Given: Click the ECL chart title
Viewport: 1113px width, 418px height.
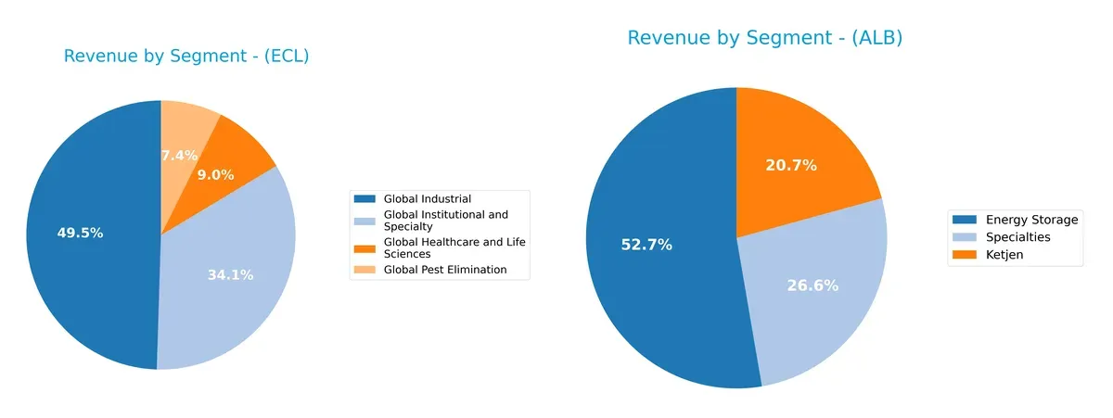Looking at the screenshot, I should (186, 57).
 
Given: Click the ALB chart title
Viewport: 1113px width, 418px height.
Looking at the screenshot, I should (764, 38).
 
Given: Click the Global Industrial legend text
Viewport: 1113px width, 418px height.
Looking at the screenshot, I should (427, 199).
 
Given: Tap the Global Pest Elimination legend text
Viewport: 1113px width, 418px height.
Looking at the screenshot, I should (444, 270).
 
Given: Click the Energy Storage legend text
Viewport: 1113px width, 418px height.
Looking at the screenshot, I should (1031, 220).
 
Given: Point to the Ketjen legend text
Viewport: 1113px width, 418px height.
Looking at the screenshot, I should (1004, 255).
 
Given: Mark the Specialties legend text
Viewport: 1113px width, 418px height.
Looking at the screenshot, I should (1017, 237).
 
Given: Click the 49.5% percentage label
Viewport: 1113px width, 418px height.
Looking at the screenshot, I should (80, 234).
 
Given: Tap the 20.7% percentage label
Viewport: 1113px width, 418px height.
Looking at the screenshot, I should (790, 166).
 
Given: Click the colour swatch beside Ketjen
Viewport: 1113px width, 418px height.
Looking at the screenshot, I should (965, 255).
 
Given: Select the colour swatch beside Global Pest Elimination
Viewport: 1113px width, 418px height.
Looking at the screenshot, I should (365, 270).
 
